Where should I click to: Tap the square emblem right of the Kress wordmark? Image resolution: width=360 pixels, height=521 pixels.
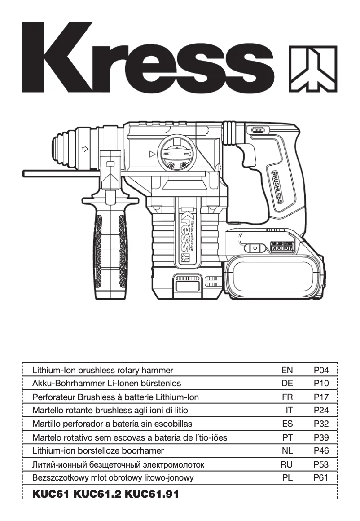[312, 68]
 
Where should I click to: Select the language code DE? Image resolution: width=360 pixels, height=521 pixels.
[287, 384]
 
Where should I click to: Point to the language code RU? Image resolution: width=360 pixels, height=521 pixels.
[286, 464]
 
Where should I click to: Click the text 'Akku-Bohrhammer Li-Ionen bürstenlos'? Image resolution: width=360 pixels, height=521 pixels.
[107, 384]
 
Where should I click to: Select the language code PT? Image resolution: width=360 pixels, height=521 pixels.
[287, 437]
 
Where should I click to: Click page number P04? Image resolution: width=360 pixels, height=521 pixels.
[321, 370]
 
